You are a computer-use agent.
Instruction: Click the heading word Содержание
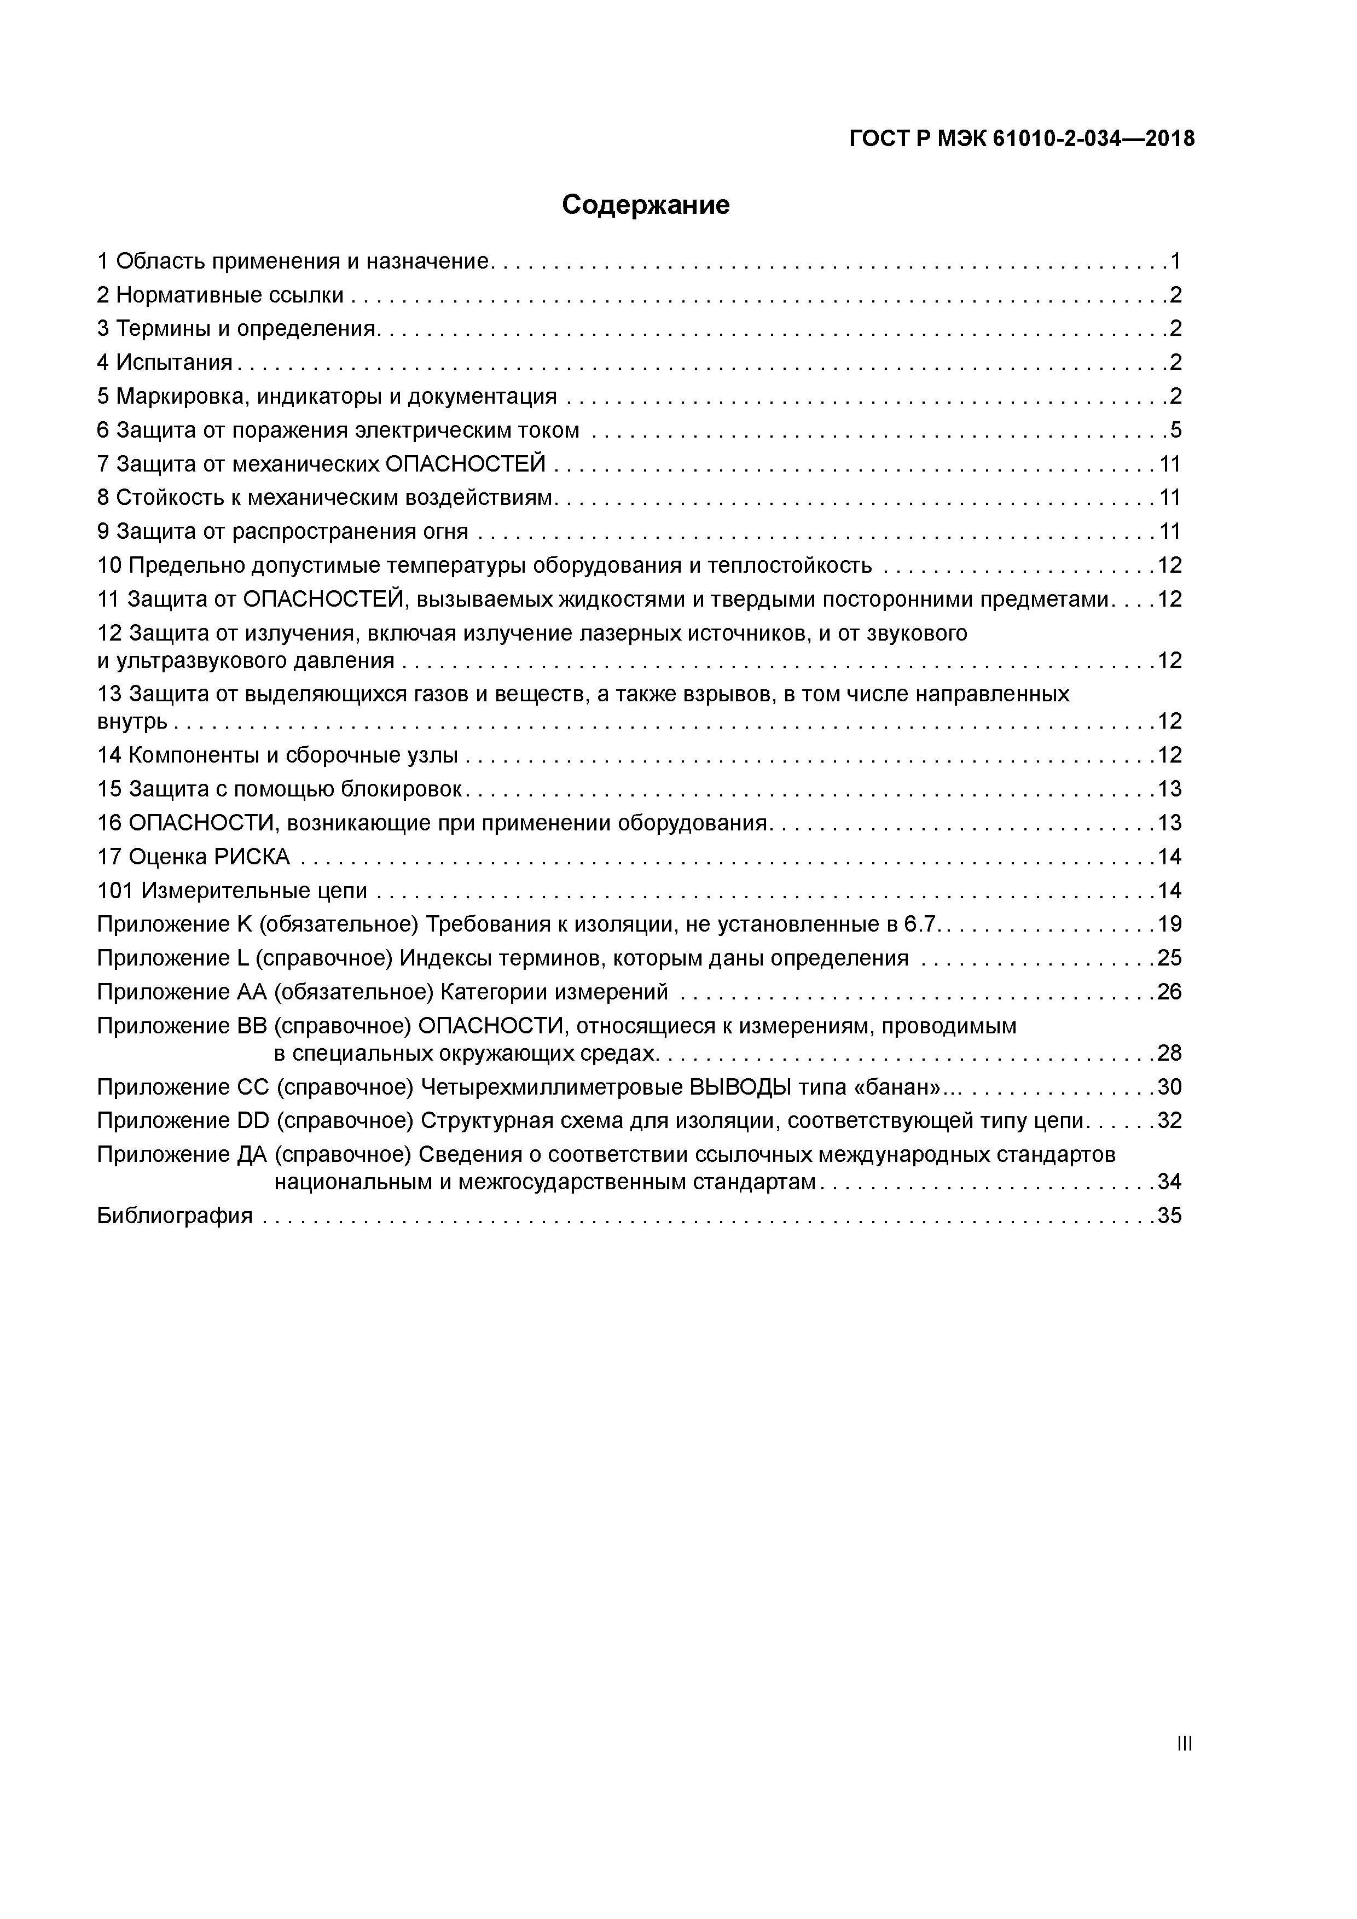coord(646,205)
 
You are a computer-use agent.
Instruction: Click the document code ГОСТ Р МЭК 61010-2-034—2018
coord(1022,139)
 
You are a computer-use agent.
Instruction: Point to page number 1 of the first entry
coord(1175,261)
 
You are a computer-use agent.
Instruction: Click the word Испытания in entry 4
coord(174,363)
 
